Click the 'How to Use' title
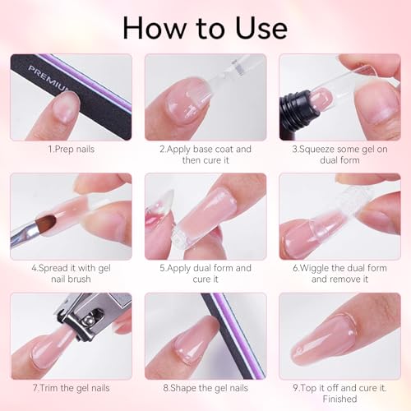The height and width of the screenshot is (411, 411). tap(205, 26)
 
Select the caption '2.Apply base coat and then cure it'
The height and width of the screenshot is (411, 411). tap(205, 155)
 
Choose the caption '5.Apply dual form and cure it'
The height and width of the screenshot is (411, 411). tap(205, 274)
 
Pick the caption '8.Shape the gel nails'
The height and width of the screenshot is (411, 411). tap(205, 388)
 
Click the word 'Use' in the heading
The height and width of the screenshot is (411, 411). tap(257, 26)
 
